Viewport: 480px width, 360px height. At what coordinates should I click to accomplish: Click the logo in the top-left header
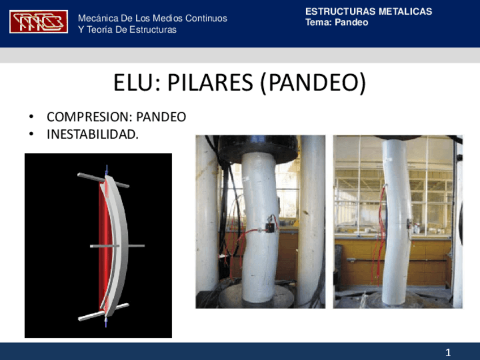coord(38,22)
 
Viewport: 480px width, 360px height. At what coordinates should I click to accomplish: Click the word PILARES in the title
coord(208,84)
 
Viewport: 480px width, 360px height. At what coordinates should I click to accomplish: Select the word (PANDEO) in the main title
coord(314,84)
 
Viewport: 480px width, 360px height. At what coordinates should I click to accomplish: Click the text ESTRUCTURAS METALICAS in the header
coord(368,11)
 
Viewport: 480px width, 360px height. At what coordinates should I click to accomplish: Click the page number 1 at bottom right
coord(448,353)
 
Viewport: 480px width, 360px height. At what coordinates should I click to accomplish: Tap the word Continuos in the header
coord(205,18)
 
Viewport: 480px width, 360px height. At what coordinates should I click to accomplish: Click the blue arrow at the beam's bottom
coord(106,321)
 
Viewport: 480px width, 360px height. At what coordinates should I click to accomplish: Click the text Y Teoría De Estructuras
coord(127,30)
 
